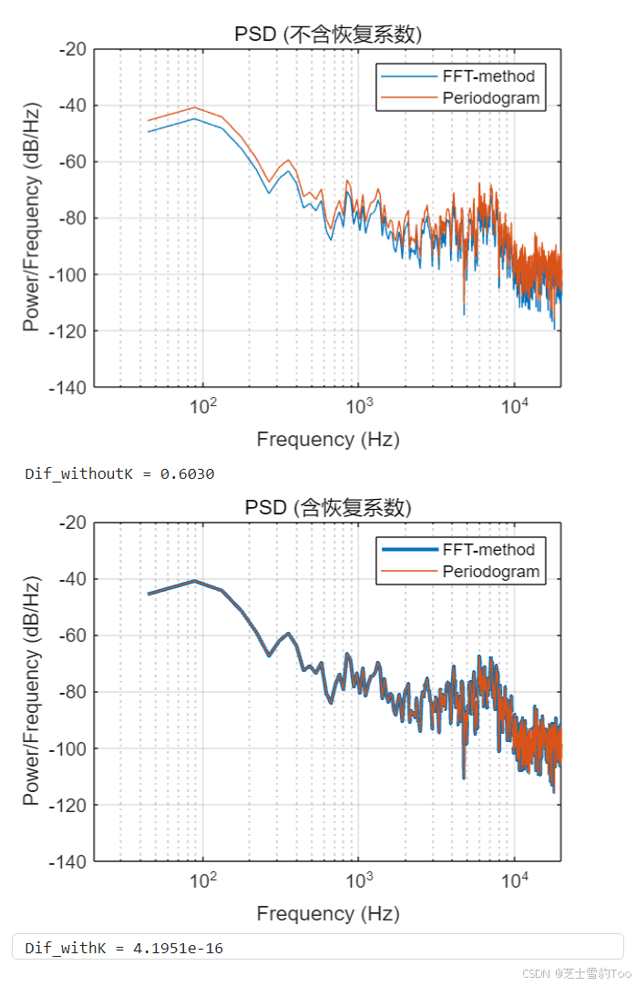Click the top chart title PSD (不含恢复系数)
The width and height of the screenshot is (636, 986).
point(328,35)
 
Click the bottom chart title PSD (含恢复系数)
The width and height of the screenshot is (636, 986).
point(328,508)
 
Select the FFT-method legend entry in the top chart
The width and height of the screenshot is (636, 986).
point(488,76)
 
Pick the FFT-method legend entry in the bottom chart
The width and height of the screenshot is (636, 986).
point(488,550)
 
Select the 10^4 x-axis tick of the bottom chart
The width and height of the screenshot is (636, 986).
point(515,879)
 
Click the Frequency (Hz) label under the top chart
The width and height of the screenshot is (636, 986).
point(328,440)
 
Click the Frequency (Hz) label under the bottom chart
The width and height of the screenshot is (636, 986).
point(328,913)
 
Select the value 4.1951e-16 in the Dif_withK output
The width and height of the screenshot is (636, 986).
point(179,949)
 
